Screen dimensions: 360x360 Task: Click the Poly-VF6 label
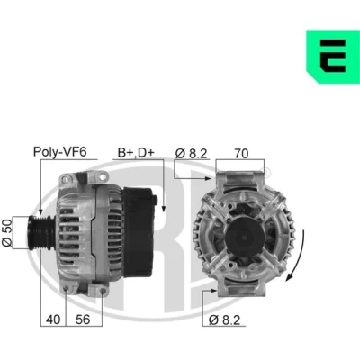[x=59, y=152]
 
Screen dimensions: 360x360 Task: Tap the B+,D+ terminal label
[x=136, y=152]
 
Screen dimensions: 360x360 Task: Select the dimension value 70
[x=241, y=153]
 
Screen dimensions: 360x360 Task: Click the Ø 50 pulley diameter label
[x=7, y=233]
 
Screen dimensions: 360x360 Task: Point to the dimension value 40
[x=53, y=319]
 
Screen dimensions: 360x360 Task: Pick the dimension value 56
[x=83, y=319]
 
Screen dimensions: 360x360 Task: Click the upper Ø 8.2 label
[x=192, y=153]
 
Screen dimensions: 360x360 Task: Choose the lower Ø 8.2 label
[x=225, y=320]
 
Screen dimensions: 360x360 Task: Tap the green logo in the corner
[x=333, y=57]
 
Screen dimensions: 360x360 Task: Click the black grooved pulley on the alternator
[x=40, y=232]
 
